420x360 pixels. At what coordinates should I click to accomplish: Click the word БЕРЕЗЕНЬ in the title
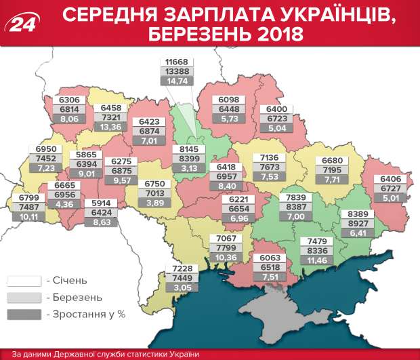(x=207, y=33)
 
